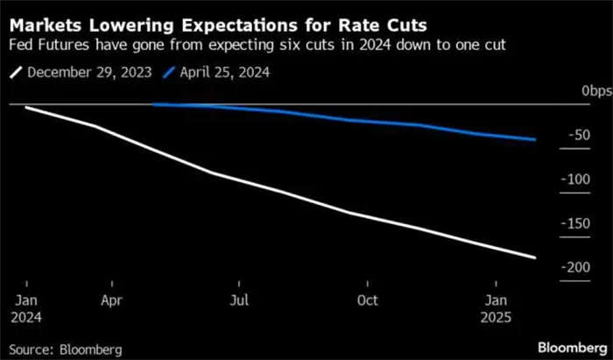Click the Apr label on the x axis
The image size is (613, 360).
pos(110,300)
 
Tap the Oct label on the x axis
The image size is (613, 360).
pos(367,300)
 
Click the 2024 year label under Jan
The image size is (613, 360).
pos(26,315)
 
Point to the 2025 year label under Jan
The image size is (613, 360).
pos(496,315)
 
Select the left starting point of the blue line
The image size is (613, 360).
pos(153,105)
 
